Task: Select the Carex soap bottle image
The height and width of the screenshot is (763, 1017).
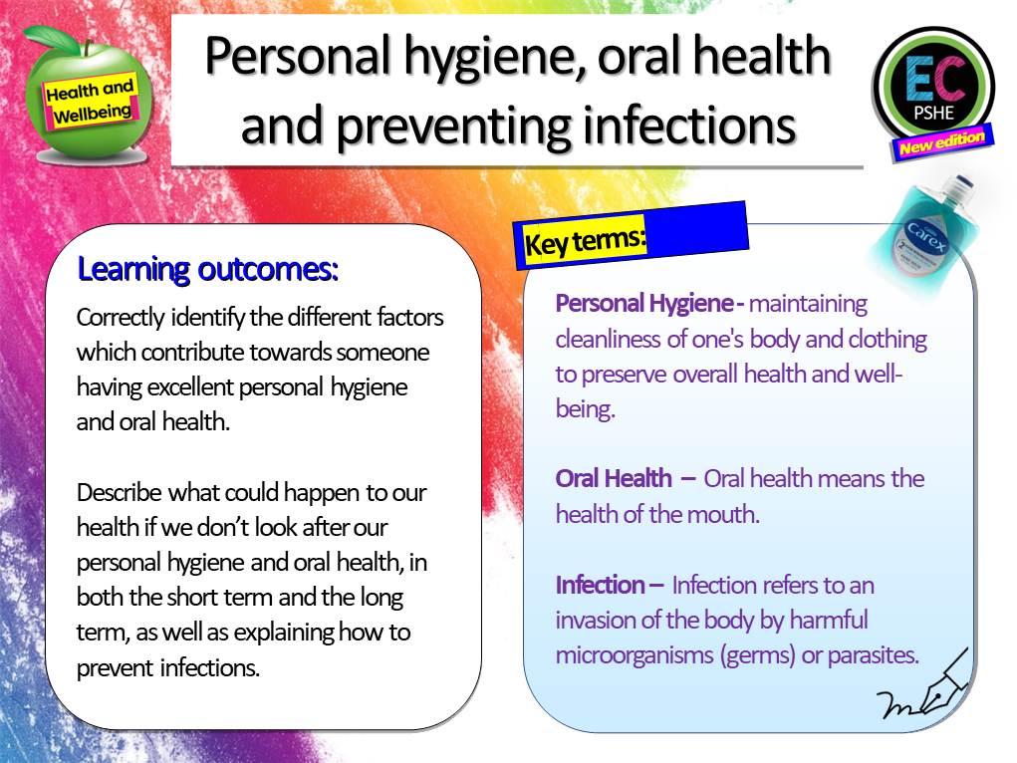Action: click(921, 224)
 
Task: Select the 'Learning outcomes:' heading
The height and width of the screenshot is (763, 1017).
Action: click(207, 270)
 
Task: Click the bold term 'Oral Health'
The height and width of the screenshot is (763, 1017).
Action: click(614, 478)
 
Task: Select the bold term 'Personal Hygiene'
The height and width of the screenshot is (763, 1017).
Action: click(644, 303)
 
